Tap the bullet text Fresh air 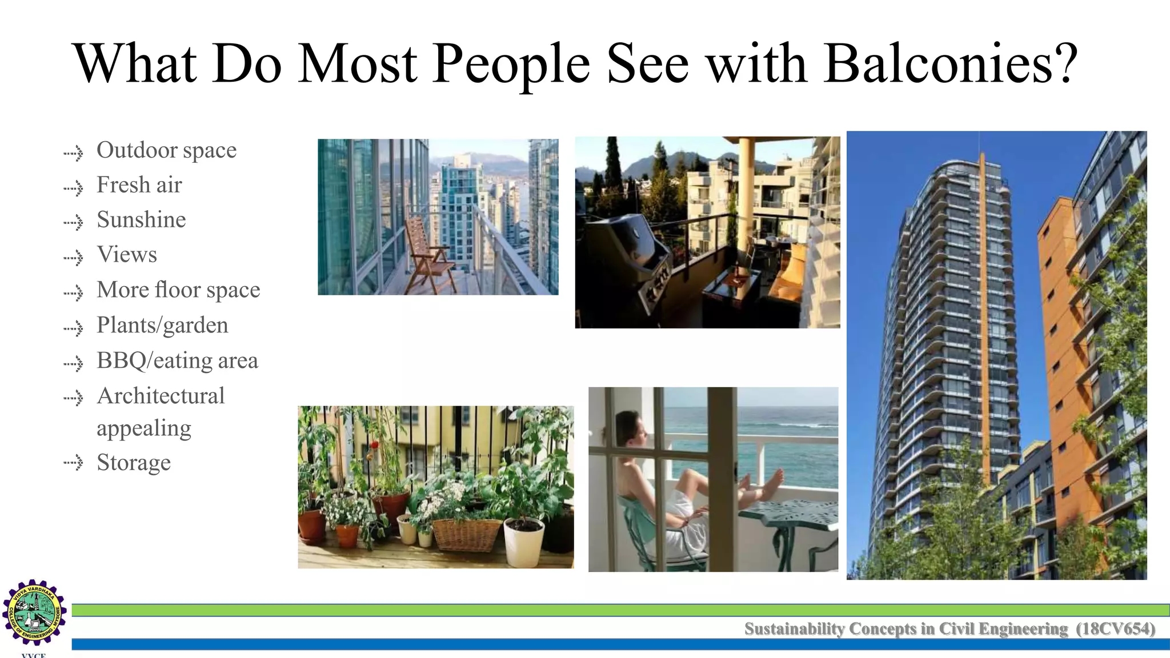click(x=139, y=185)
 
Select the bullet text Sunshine click(x=141, y=220)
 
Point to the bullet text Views click(x=127, y=255)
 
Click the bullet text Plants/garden click(x=162, y=326)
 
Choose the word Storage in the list click(x=134, y=463)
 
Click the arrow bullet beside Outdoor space click(x=73, y=153)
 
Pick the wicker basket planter click(x=467, y=533)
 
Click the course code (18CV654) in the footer click(x=1115, y=629)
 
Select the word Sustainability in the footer click(x=794, y=629)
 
